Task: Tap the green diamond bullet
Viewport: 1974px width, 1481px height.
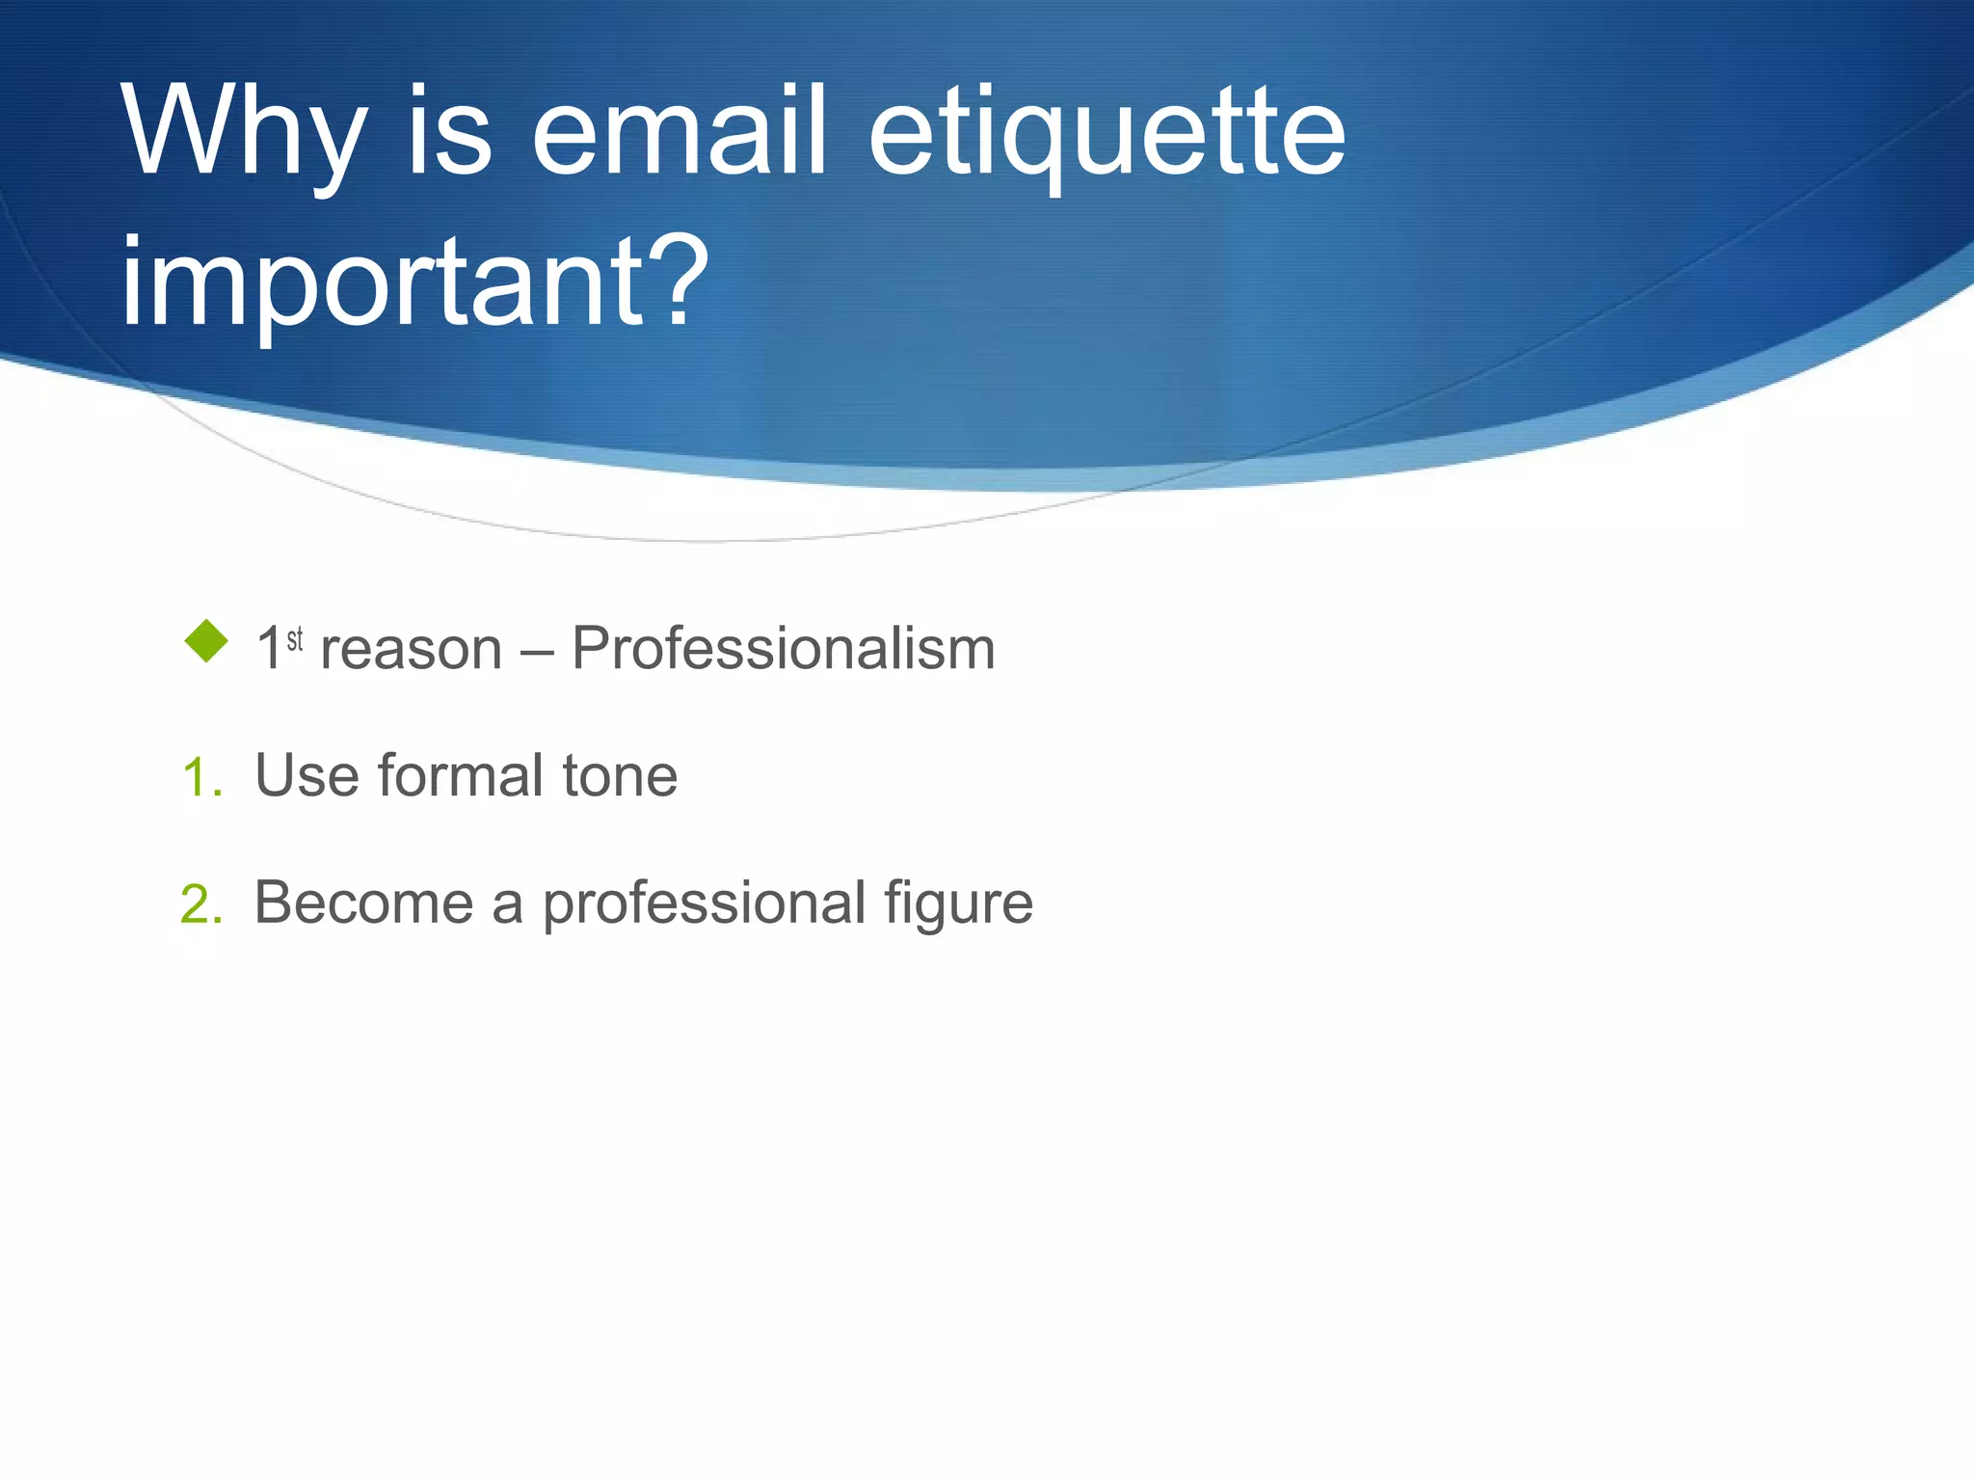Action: (x=205, y=641)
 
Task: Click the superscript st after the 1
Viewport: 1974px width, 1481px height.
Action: (x=295, y=638)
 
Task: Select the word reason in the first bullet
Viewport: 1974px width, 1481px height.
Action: (x=412, y=649)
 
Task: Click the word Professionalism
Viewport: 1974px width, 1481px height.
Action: (x=783, y=648)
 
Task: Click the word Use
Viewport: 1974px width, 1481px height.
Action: (x=306, y=775)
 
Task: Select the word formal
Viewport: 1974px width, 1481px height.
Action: (x=461, y=775)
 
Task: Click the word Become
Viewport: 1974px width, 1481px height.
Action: (x=363, y=903)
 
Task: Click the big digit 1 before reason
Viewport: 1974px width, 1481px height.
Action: (x=269, y=649)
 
